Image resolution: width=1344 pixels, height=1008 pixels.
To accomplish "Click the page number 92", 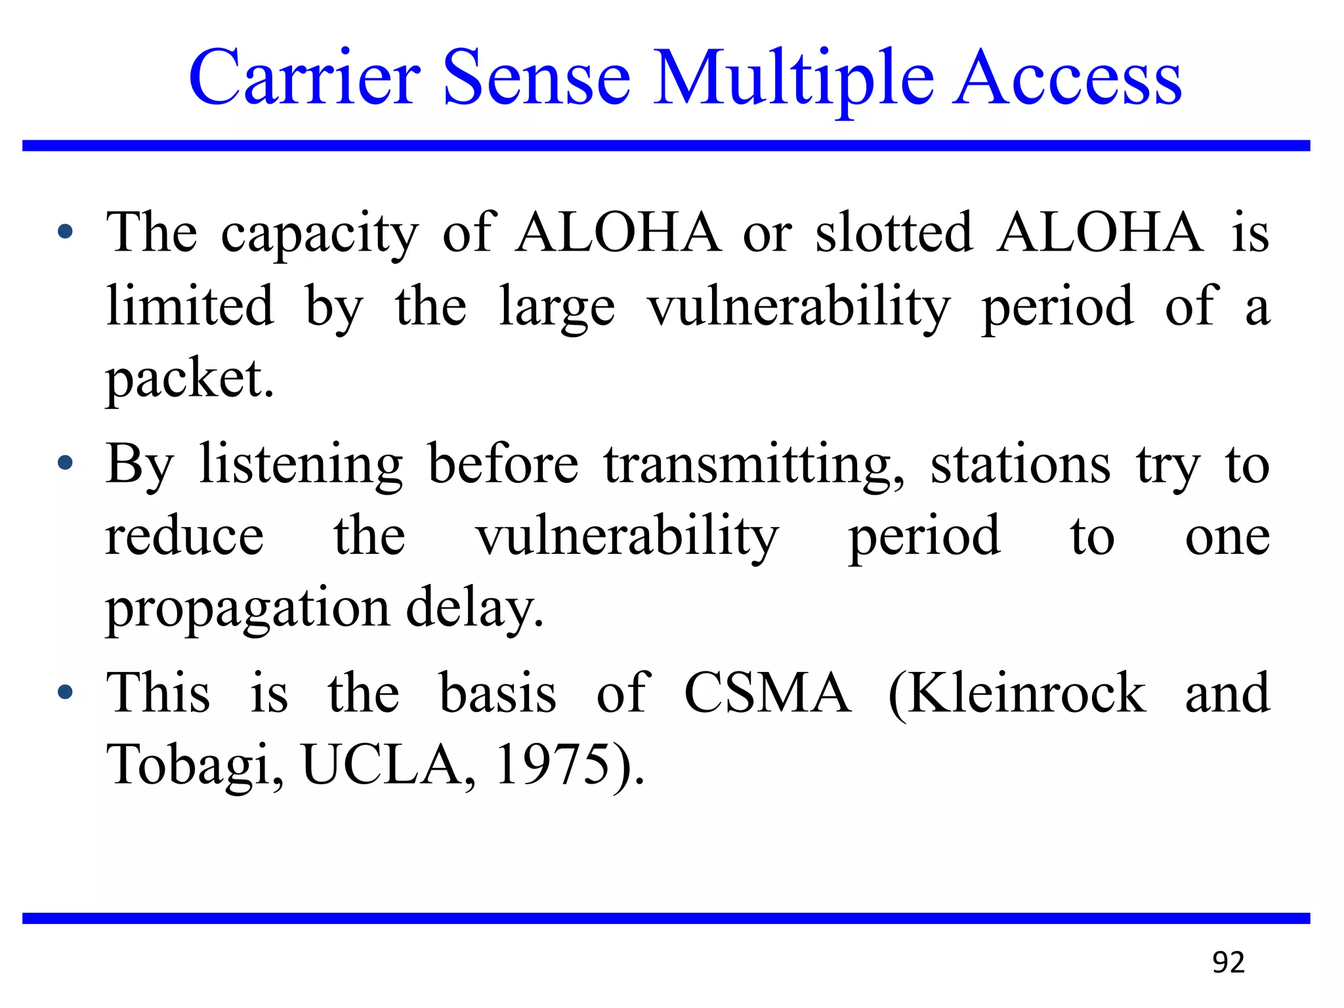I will click(1228, 962).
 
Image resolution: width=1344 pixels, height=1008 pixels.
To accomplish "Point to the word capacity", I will click(320, 235).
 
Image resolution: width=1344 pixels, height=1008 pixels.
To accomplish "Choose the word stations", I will click(1020, 465).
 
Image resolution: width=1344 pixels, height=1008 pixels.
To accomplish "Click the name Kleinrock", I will click(1017, 693).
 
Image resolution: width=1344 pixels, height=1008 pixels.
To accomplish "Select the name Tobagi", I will click(195, 765).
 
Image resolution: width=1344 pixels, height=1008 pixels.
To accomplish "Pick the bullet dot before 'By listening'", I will click(65, 463).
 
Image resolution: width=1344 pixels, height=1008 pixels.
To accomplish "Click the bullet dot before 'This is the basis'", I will click(65, 692).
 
